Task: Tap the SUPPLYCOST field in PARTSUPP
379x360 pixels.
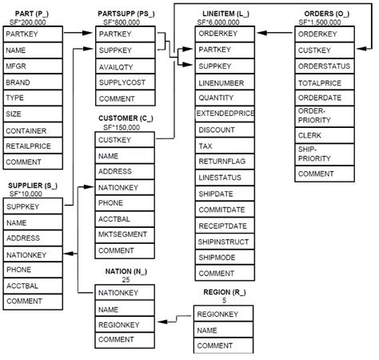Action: (x=121, y=82)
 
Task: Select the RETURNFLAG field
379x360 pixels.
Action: (x=221, y=162)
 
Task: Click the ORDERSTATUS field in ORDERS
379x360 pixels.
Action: (x=324, y=66)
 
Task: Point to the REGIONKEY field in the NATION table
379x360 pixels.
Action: (x=120, y=325)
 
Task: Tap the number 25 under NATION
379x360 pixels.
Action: (x=126, y=280)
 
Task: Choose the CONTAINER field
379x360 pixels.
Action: (x=26, y=130)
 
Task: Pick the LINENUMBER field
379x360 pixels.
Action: (x=221, y=82)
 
